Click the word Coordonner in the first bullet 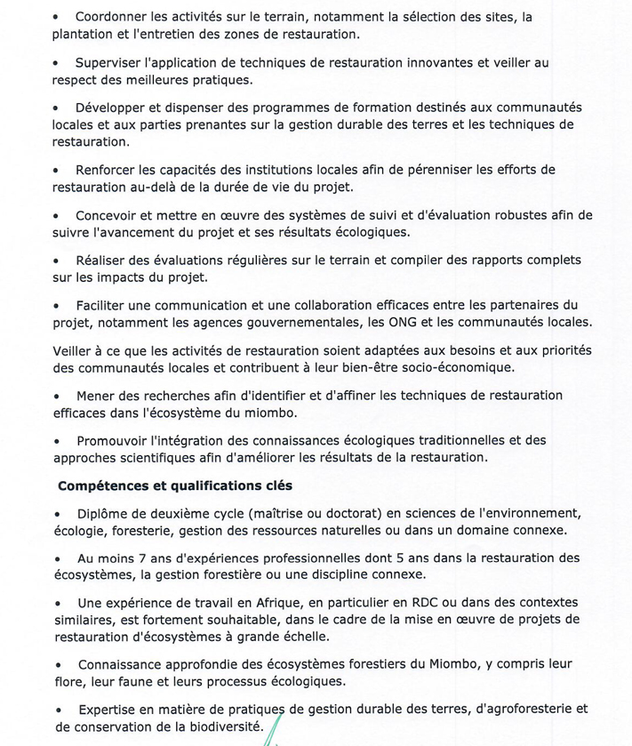(113, 17)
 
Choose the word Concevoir (108, 215)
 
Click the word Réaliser (101, 261)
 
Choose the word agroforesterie (517, 710)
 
